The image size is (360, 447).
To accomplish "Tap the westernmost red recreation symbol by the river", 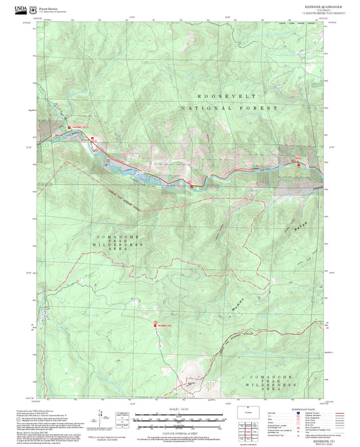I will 68,127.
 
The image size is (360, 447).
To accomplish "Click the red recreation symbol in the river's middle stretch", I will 192,184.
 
